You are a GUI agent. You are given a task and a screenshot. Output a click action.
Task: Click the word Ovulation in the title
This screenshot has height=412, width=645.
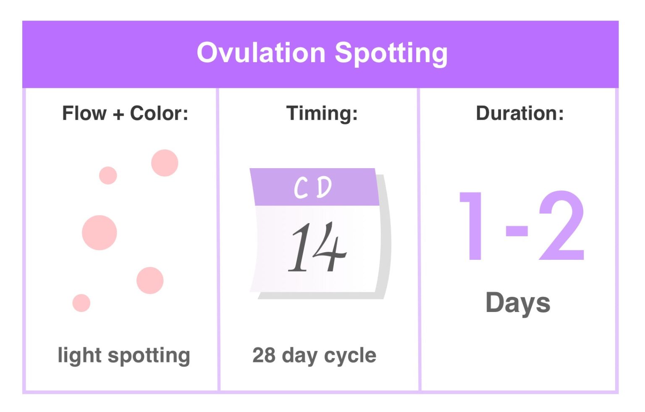(261, 53)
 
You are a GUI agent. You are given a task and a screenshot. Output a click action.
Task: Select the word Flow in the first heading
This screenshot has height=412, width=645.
(84, 113)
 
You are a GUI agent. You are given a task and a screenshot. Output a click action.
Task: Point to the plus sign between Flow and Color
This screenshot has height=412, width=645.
(118, 114)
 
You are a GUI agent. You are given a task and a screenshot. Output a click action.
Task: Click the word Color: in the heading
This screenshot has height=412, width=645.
(159, 113)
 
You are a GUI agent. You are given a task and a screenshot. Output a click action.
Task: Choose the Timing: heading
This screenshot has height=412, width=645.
(322, 113)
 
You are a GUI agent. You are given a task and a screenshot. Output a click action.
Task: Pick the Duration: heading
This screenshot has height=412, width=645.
(519, 113)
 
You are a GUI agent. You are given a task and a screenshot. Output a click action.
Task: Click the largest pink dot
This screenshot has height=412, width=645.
(100, 232)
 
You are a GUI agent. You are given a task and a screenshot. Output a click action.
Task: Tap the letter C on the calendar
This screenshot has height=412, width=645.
(301, 188)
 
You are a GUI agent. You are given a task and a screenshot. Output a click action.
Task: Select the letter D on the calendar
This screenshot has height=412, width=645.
(324, 187)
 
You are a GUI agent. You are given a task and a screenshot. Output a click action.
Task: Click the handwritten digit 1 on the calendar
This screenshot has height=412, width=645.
(300, 247)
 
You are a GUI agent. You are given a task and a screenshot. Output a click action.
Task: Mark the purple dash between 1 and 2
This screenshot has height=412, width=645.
(517, 231)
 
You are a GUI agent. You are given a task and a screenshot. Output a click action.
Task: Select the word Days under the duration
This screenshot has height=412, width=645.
(518, 303)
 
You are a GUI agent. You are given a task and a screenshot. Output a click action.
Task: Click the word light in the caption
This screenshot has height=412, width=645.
(79, 356)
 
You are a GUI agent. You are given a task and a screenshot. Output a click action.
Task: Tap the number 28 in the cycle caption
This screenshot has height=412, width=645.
(264, 355)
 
